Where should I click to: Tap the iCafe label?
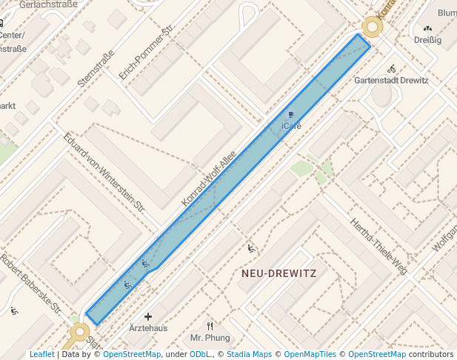click(292, 126)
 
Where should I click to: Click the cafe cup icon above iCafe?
click(291, 115)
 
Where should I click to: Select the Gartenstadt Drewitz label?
click(391, 80)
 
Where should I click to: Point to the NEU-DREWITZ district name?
click(278, 273)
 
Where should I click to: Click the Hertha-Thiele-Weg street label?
click(379, 247)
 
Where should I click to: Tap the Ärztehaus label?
click(148, 328)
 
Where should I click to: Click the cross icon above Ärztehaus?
click(148, 316)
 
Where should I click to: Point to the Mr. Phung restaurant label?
click(210, 338)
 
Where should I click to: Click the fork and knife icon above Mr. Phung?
click(210, 326)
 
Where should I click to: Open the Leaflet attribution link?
click(41, 355)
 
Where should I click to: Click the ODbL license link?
click(200, 355)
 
